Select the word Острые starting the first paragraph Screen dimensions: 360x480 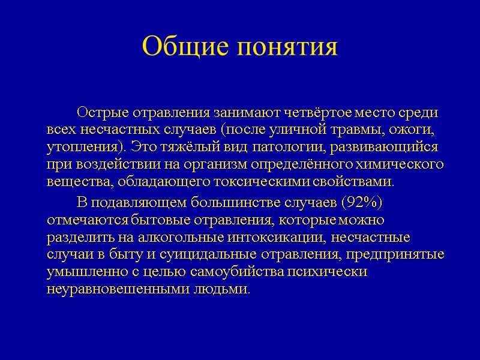[99, 112]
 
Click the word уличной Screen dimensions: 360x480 [310, 130]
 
